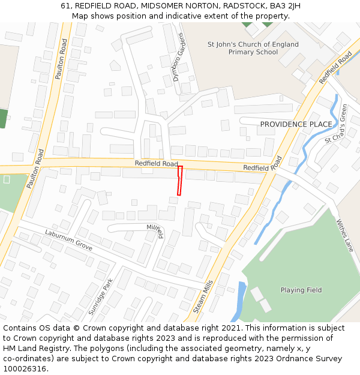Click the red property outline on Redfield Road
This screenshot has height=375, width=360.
(x=179, y=181)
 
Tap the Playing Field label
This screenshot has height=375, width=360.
(x=301, y=290)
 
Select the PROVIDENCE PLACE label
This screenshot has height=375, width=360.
(x=296, y=124)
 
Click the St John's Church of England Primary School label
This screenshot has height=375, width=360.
(x=253, y=48)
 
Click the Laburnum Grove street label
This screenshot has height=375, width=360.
(x=68, y=240)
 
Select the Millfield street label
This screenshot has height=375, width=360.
(x=155, y=231)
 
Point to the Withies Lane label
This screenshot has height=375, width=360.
(x=345, y=235)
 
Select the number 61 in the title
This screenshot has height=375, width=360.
(x=65, y=6)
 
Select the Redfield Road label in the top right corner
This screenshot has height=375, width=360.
(x=335, y=67)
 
